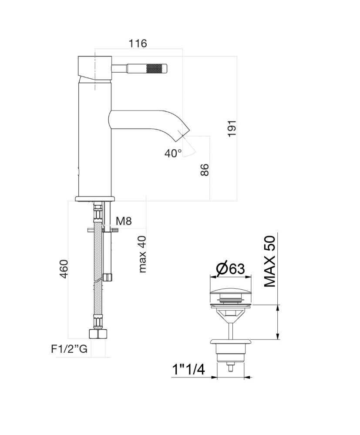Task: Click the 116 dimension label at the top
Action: [138, 43]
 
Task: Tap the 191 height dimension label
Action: [232, 128]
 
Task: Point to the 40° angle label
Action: [173, 153]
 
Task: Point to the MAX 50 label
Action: [270, 261]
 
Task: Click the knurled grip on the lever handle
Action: [156, 68]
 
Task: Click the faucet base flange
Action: [95, 199]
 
